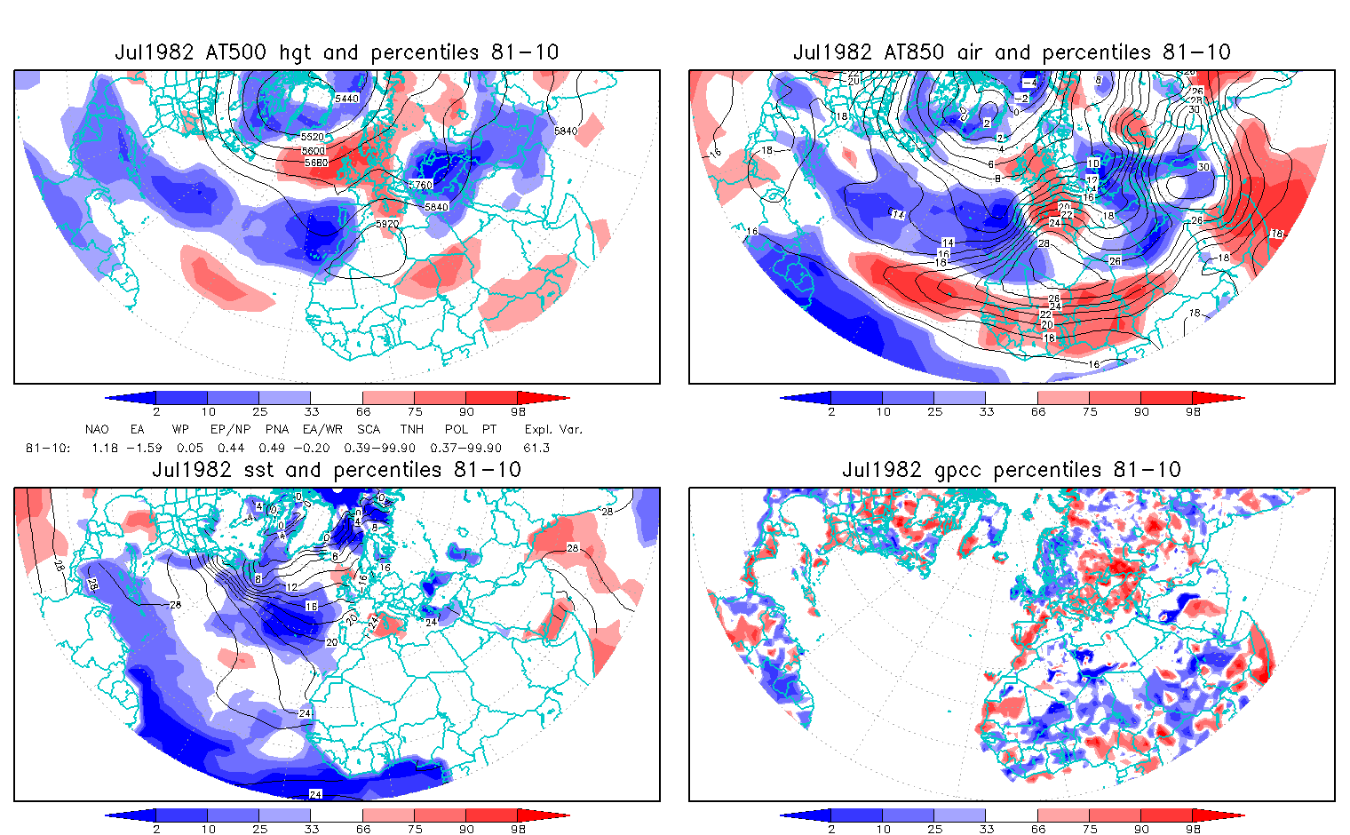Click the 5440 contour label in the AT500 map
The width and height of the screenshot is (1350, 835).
tap(346, 99)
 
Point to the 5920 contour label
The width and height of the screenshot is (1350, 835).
tap(387, 225)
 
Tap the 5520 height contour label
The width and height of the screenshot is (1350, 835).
tap(313, 138)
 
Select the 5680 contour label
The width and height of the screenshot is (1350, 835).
tap(315, 163)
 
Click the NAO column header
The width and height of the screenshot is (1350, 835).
tap(97, 429)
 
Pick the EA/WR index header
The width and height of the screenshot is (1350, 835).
tap(322, 429)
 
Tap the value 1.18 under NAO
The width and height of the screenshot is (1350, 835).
tap(105, 448)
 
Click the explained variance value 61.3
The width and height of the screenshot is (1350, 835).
tap(536, 448)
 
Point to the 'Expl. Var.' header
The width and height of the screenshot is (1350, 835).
tap(553, 429)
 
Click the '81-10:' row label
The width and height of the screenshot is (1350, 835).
tap(47, 448)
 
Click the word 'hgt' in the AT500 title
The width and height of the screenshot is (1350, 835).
tap(294, 52)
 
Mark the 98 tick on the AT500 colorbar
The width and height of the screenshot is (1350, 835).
tap(518, 411)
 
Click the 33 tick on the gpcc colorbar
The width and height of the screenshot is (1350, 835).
tap(986, 829)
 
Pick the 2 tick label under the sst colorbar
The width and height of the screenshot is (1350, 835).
tap(156, 829)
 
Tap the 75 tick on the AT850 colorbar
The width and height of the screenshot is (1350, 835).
tap(1090, 411)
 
